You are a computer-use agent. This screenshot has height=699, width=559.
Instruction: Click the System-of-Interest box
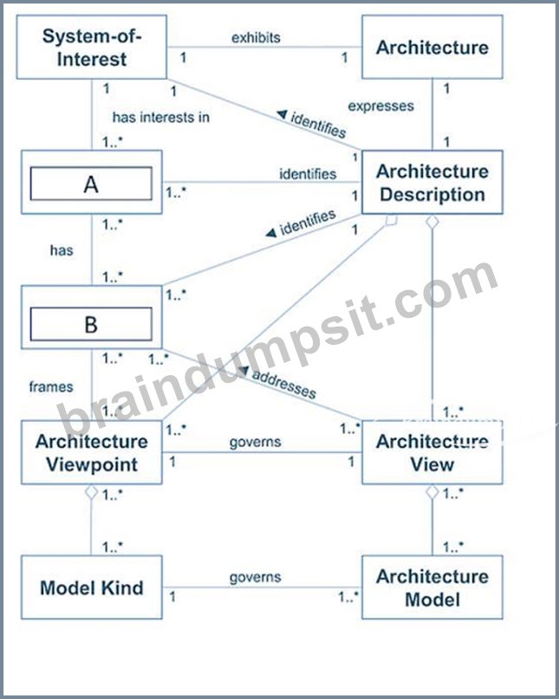pyautogui.click(x=92, y=48)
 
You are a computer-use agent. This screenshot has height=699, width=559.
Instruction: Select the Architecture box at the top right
pyautogui.click(x=432, y=48)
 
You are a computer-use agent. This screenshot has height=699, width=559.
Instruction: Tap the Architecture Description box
pyautogui.click(x=432, y=182)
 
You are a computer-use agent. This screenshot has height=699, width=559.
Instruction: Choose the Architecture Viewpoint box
pyautogui.click(x=92, y=452)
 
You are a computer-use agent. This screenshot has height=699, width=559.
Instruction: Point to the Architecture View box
pyautogui.click(x=432, y=452)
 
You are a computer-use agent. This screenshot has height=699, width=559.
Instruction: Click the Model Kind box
pyautogui.click(x=92, y=587)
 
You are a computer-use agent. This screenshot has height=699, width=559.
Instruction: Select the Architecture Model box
pyautogui.click(x=432, y=587)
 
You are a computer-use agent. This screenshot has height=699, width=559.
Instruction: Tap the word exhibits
pyautogui.click(x=256, y=38)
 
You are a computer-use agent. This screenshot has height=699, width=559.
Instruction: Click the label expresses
pyautogui.click(x=380, y=106)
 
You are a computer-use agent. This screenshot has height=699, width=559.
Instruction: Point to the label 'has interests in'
pyautogui.click(x=160, y=117)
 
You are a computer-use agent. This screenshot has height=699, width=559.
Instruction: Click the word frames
pyautogui.click(x=51, y=386)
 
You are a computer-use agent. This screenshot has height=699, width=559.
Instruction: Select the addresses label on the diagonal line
pyautogui.click(x=284, y=384)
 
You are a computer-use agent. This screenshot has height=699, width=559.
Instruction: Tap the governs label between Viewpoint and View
pyautogui.click(x=255, y=443)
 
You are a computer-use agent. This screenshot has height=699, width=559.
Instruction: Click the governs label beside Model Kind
pyautogui.click(x=255, y=577)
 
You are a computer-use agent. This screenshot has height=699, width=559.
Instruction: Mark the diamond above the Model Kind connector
pyautogui.click(x=92, y=492)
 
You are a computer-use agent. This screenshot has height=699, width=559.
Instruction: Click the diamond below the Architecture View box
pyautogui.click(x=432, y=492)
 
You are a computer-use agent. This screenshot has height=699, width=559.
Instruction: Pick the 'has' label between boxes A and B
pyautogui.click(x=62, y=250)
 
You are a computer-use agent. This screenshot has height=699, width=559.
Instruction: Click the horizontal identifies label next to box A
pyautogui.click(x=308, y=173)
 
